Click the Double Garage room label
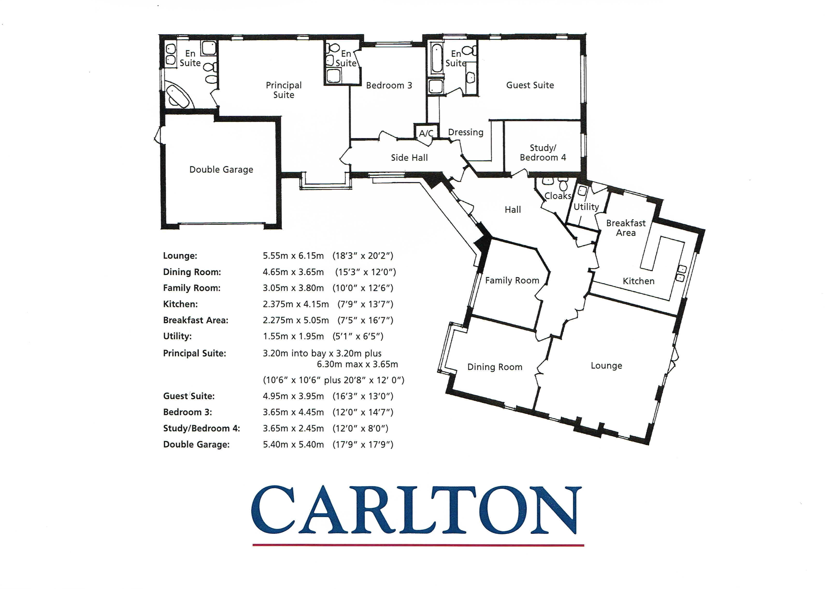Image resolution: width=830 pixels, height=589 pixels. [x=221, y=170]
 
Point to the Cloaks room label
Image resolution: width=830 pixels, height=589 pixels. [x=558, y=196]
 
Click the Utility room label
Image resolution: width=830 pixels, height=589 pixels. [x=586, y=207]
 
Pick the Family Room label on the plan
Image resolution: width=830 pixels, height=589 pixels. [x=512, y=280]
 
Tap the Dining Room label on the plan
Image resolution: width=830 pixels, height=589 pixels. [x=495, y=367]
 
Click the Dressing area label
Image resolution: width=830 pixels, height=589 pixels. [x=466, y=132]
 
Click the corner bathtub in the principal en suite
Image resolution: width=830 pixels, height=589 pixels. [x=179, y=95]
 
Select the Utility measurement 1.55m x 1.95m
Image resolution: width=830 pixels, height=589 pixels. [x=293, y=337]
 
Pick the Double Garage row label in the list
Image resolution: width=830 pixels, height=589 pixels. [x=196, y=445]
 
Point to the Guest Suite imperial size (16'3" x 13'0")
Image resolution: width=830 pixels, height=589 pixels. [x=363, y=396]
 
